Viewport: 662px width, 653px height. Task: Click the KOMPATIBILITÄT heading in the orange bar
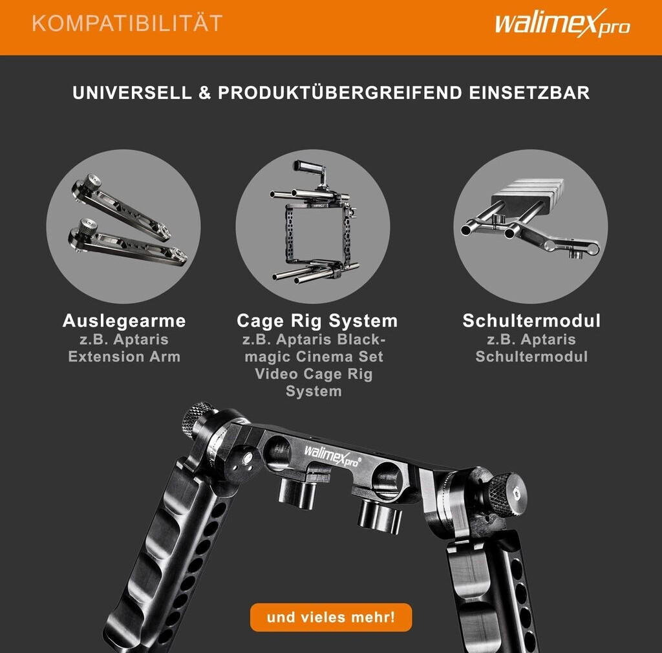click(x=127, y=23)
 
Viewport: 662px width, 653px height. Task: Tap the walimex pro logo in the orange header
click(x=562, y=23)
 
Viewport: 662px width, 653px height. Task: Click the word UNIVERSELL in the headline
click(x=132, y=93)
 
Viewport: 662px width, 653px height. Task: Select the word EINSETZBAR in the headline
click(x=529, y=93)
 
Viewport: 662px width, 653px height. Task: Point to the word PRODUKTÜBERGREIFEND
click(x=340, y=92)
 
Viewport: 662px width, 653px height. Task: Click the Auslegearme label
click(x=124, y=321)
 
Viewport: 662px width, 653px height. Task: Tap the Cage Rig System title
click(x=317, y=321)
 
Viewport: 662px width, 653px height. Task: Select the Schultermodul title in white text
click(x=531, y=321)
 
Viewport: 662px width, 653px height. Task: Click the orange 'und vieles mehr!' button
click(x=331, y=617)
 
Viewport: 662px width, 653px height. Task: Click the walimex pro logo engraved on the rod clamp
click(x=332, y=456)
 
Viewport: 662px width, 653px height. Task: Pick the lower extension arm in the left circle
click(x=127, y=244)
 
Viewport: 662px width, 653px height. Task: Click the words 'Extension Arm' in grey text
click(x=124, y=357)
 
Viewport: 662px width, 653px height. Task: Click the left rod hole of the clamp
click(x=276, y=453)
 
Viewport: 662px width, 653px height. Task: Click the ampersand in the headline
click(x=205, y=93)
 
